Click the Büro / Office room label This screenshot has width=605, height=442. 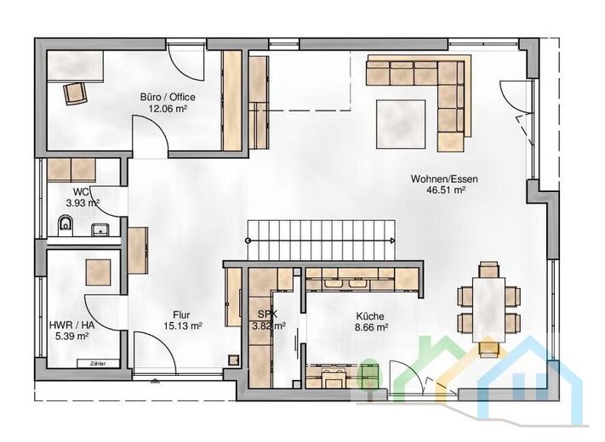(168, 97)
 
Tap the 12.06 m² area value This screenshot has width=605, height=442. (168, 109)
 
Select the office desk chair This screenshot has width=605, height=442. (75, 93)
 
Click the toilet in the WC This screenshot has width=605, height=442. (66, 226)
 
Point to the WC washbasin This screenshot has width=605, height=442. (101, 230)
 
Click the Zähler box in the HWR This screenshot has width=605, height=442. (98, 364)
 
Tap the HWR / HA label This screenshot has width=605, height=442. (71, 326)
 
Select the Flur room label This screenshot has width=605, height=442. (181, 314)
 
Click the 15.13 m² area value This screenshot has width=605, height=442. (183, 326)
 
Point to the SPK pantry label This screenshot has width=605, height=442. (267, 314)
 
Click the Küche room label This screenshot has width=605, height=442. (370, 316)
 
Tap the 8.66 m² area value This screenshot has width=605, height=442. (371, 327)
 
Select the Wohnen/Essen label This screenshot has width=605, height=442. (444, 178)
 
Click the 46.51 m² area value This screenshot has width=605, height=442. (446, 190)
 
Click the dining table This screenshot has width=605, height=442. (489, 309)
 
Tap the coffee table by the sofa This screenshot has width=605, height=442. (402, 124)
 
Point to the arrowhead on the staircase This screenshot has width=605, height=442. (392, 241)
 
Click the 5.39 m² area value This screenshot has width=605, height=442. (72, 336)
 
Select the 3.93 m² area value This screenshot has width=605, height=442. (83, 202)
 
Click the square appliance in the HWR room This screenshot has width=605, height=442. (98, 273)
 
